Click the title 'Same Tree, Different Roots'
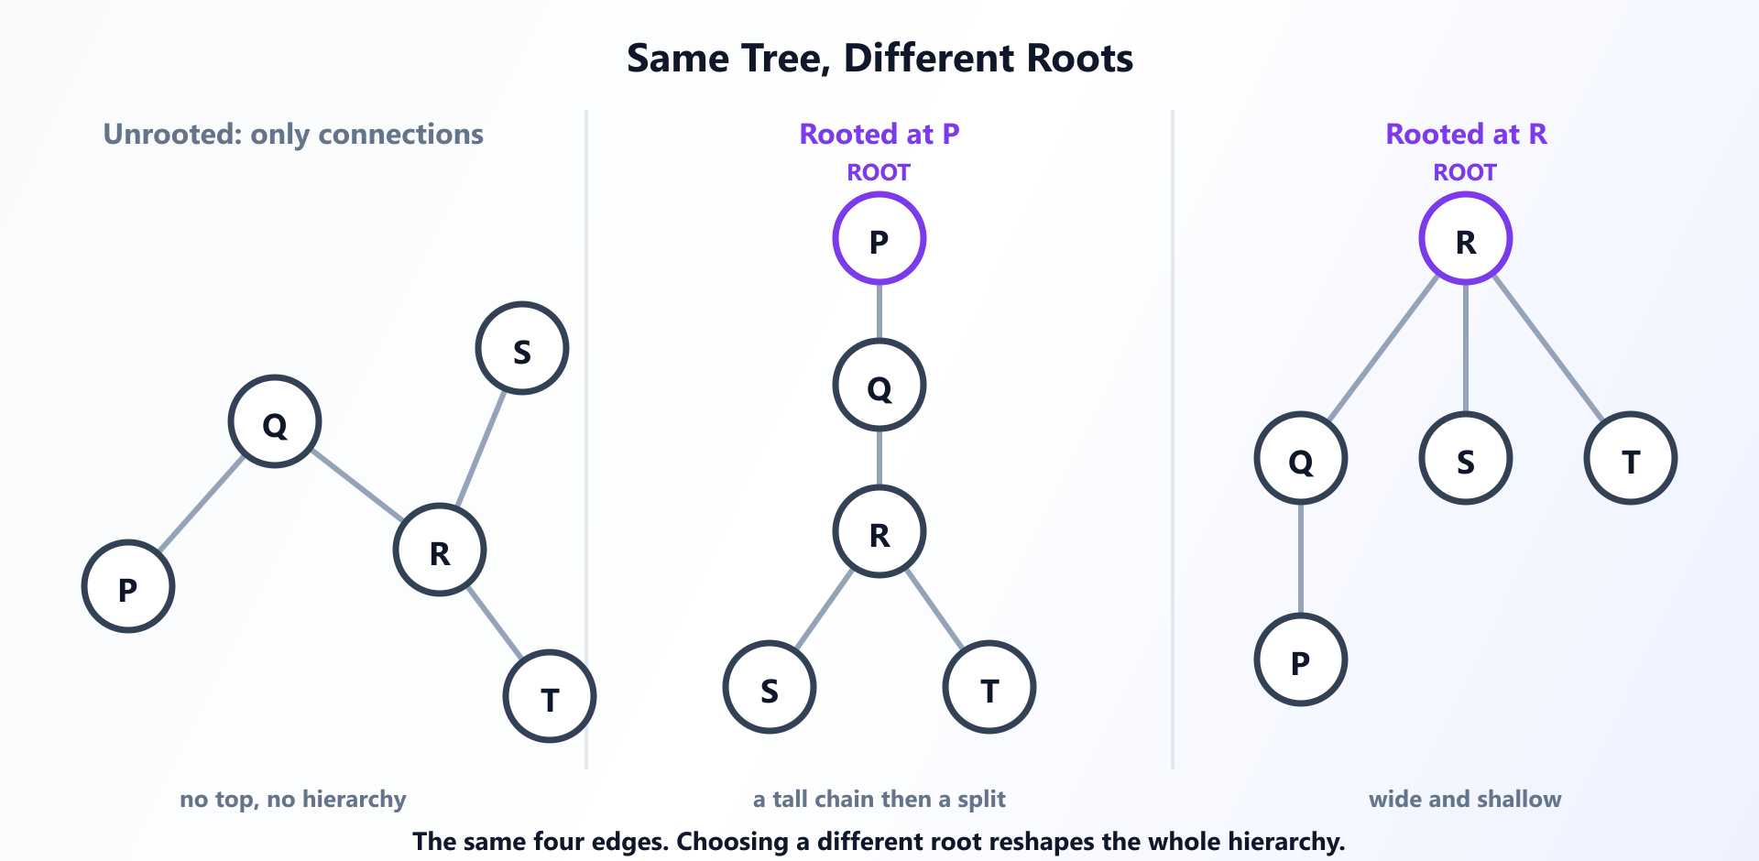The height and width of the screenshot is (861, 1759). [x=879, y=59]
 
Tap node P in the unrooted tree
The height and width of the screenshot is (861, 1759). [x=128, y=586]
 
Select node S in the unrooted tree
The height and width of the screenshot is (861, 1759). [x=522, y=348]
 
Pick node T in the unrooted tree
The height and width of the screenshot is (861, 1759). [x=550, y=696]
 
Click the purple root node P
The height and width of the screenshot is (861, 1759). [x=879, y=238]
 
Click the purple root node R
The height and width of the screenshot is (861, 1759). [x=1466, y=238]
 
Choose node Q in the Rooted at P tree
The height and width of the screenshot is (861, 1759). [x=879, y=385]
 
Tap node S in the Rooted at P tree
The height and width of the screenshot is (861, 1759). [x=770, y=687]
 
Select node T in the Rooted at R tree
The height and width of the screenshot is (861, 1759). [x=1631, y=458]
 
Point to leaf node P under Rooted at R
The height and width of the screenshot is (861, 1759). [x=1301, y=659]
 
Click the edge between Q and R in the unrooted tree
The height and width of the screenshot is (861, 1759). [x=357, y=485]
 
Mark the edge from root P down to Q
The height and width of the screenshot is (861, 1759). [x=879, y=311]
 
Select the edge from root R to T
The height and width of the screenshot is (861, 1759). [x=1548, y=348]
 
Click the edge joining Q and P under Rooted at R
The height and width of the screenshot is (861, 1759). [x=1301, y=559]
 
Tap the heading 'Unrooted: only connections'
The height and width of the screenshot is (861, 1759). [x=293, y=135]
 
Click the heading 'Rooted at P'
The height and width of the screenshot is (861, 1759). [x=879, y=135]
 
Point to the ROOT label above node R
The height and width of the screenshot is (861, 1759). [x=1465, y=172]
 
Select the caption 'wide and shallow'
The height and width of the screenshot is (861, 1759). [x=1465, y=799]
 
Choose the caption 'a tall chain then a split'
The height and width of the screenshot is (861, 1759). [x=879, y=799]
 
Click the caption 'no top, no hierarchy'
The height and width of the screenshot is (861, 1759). [x=293, y=799]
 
